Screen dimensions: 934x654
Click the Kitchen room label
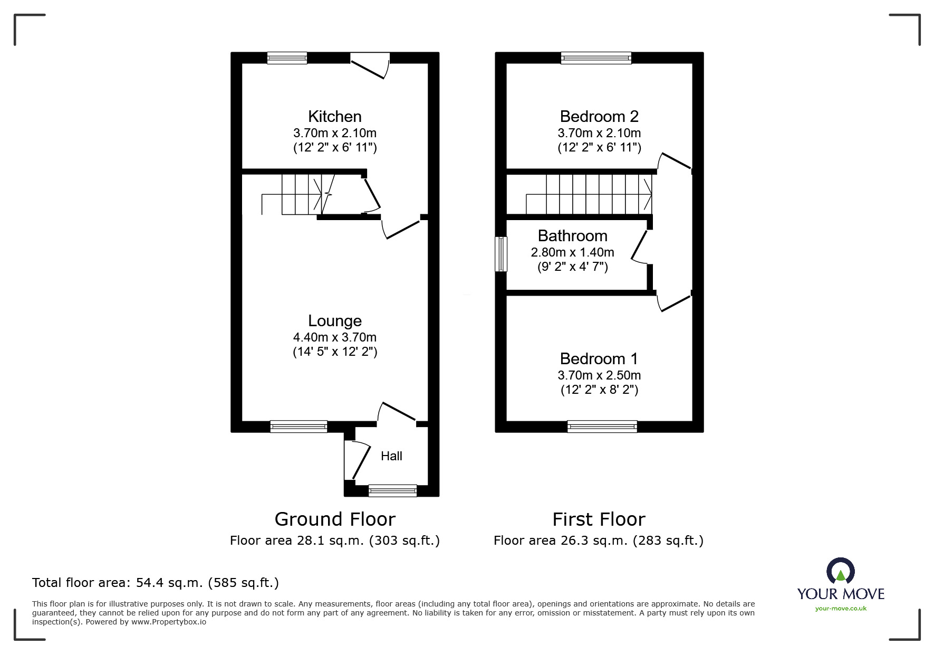tap(335, 117)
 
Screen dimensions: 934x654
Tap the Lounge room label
tap(335, 321)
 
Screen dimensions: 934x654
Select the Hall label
tap(391, 456)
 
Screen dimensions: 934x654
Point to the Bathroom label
tap(573, 236)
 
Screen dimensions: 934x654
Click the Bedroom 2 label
tap(599, 117)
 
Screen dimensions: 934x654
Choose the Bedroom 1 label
tap(599, 359)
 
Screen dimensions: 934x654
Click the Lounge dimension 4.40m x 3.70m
tap(335, 337)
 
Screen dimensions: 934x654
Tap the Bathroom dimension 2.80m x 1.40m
tap(573, 252)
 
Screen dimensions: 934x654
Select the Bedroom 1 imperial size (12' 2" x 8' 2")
tap(599, 390)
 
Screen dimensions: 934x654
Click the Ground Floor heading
tap(335, 519)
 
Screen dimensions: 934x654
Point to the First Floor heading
tap(599, 519)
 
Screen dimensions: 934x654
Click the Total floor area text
tap(156, 583)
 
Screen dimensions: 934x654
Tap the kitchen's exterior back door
tap(370, 65)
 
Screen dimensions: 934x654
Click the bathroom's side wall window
tap(501, 254)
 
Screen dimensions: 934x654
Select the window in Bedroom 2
tap(596, 58)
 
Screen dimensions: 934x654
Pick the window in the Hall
tap(392, 491)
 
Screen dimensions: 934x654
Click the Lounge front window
tap(299, 426)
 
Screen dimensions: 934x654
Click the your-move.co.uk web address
tap(841, 609)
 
